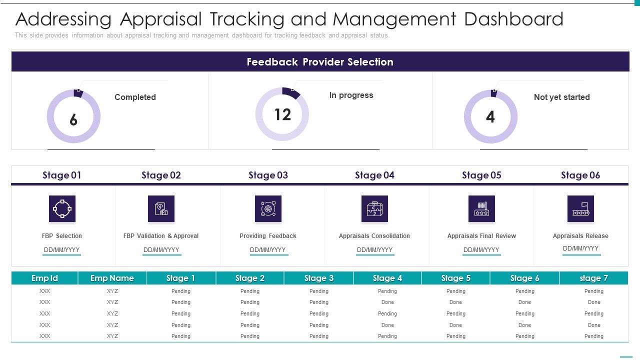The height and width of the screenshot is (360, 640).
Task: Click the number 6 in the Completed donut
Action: [73, 119]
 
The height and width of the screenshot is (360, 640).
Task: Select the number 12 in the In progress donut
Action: [282, 114]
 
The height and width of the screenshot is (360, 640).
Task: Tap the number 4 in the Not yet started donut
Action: [490, 117]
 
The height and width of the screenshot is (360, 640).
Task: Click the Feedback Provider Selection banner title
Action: [320, 62]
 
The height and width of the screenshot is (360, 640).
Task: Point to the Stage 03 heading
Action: [268, 175]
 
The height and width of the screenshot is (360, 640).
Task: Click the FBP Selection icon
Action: [62, 208]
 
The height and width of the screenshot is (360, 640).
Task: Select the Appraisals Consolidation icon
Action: [374, 208]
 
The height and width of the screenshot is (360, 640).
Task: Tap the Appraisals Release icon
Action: [580, 208]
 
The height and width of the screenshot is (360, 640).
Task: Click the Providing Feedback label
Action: [268, 236]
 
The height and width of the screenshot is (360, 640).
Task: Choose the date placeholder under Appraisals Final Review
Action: [481, 250]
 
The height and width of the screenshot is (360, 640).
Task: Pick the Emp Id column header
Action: [44, 278]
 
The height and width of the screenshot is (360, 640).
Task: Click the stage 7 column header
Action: [594, 278]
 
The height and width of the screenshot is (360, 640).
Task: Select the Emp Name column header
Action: [112, 278]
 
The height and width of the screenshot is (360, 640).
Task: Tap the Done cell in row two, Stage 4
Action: [387, 302]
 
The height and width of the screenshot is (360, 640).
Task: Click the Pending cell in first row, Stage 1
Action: [181, 291]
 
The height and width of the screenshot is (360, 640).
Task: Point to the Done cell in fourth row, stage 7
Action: [594, 325]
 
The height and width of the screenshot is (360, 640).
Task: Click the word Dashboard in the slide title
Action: [513, 19]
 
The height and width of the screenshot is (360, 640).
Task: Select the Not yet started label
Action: [561, 97]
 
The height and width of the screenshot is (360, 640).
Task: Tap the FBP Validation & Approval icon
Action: [161, 208]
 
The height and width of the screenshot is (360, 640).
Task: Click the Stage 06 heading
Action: [580, 175]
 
